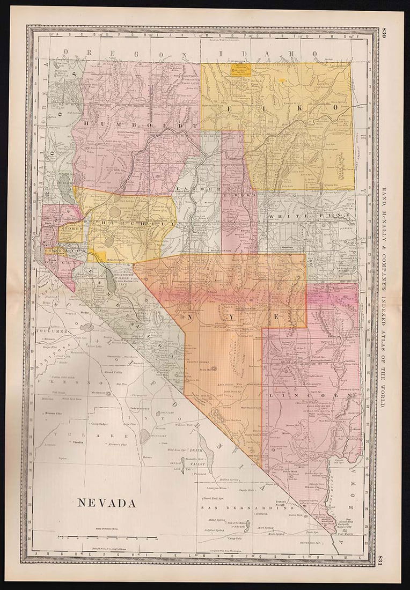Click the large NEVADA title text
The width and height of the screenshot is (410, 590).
pyautogui.click(x=107, y=503)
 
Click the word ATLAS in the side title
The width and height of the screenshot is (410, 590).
pyautogui.click(x=384, y=343)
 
